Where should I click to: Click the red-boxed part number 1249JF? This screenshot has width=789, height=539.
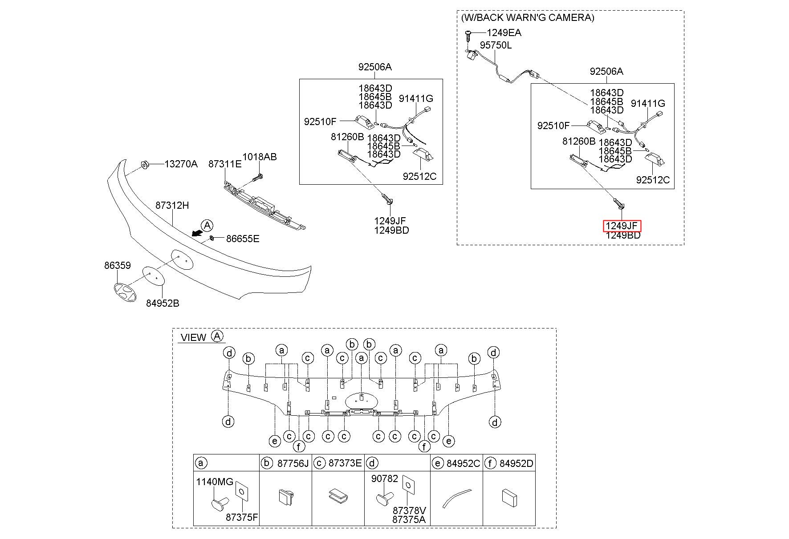pyautogui.click(x=622, y=226)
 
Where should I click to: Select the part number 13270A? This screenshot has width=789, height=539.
pyautogui.click(x=181, y=164)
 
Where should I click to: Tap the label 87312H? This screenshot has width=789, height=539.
pyautogui.click(x=172, y=205)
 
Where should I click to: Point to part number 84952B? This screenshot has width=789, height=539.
pyautogui.click(x=163, y=303)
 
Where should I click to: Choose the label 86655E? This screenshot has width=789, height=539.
pyautogui.click(x=243, y=239)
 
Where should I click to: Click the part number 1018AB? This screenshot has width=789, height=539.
pyautogui.click(x=260, y=157)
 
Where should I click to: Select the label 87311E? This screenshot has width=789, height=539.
pyautogui.click(x=225, y=164)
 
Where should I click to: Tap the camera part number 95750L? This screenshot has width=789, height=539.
pyautogui.click(x=496, y=45)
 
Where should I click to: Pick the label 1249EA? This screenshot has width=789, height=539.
pyautogui.click(x=504, y=32)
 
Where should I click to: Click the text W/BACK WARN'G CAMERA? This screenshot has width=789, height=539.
pyautogui.click(x=528, y=17)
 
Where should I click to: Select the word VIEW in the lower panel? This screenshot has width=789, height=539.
pyautogui.click(x=194, y=337)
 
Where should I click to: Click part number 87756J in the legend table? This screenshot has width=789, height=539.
pyautogui.click(x=293, y=463)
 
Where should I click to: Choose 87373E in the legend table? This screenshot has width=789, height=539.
pyautogui.click(x=345, y=463)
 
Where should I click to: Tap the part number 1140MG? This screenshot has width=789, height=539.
pyautogui.click(x=215, y=482)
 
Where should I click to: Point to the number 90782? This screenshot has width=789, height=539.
pyautogui.click(x=385, y=478)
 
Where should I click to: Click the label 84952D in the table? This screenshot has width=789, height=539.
pyautogui.click(x=516, y=463)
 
